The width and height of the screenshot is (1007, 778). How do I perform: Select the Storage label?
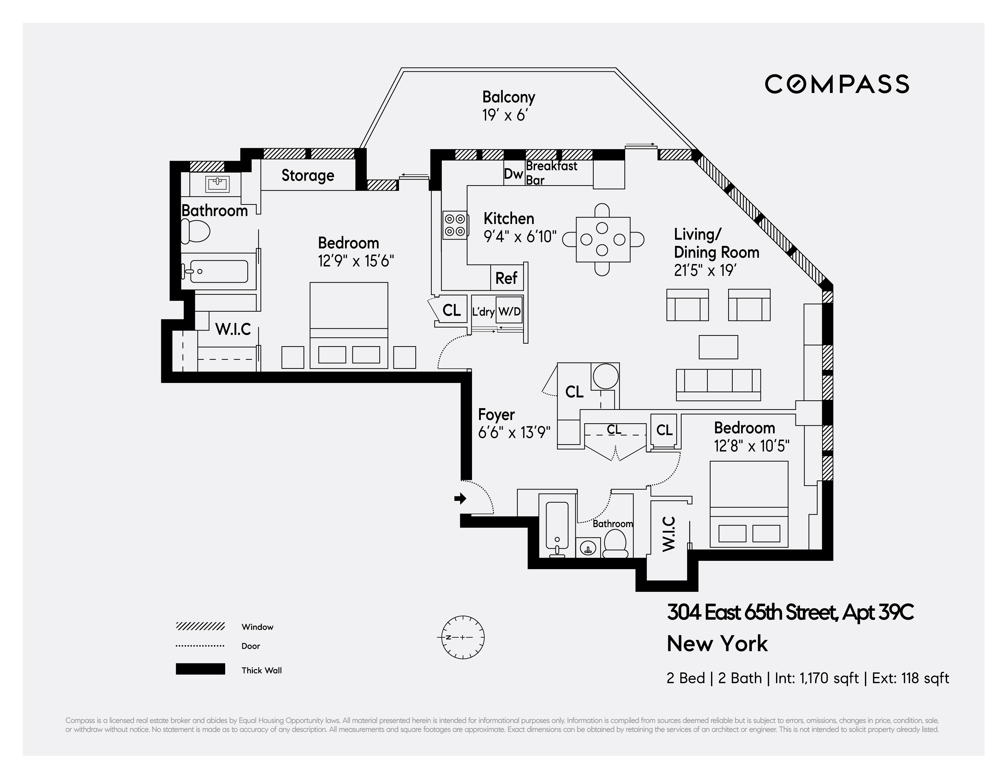pos(308,175)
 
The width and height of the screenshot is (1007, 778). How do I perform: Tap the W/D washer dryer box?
pos(510,312)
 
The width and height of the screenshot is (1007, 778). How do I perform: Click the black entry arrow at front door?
pos(460,498)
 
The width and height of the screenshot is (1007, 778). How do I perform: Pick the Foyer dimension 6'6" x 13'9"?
pos(514,433)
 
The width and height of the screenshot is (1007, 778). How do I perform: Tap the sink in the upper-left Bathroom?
pos(217,184)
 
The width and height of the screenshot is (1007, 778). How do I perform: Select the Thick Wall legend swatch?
pos(200,669)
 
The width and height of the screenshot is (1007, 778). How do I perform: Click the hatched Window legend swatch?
pos(200,626)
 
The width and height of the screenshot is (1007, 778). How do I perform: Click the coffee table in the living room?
pos(718,347)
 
